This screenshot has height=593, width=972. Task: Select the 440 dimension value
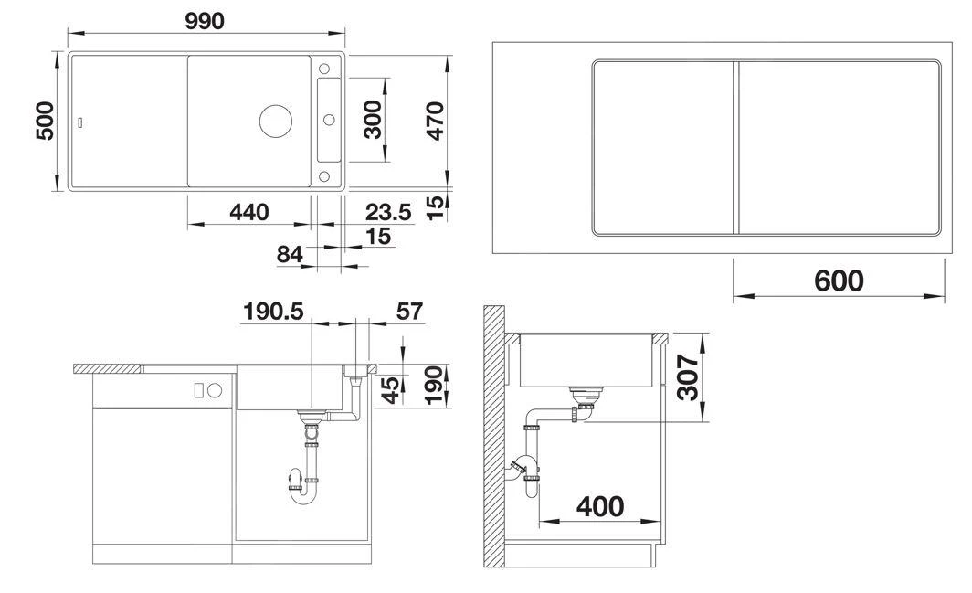[x=248, y=212]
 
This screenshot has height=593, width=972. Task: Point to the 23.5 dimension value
[x=388, y=212]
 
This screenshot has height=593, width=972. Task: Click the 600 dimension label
[x=838, y=281]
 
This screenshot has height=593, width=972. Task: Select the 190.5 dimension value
[x=272, y=311]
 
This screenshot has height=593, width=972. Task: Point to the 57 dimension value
[x=410, y=311]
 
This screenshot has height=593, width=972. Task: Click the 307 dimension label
[x=689, y=379]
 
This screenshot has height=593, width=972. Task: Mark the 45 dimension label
[x=391, y=390]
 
